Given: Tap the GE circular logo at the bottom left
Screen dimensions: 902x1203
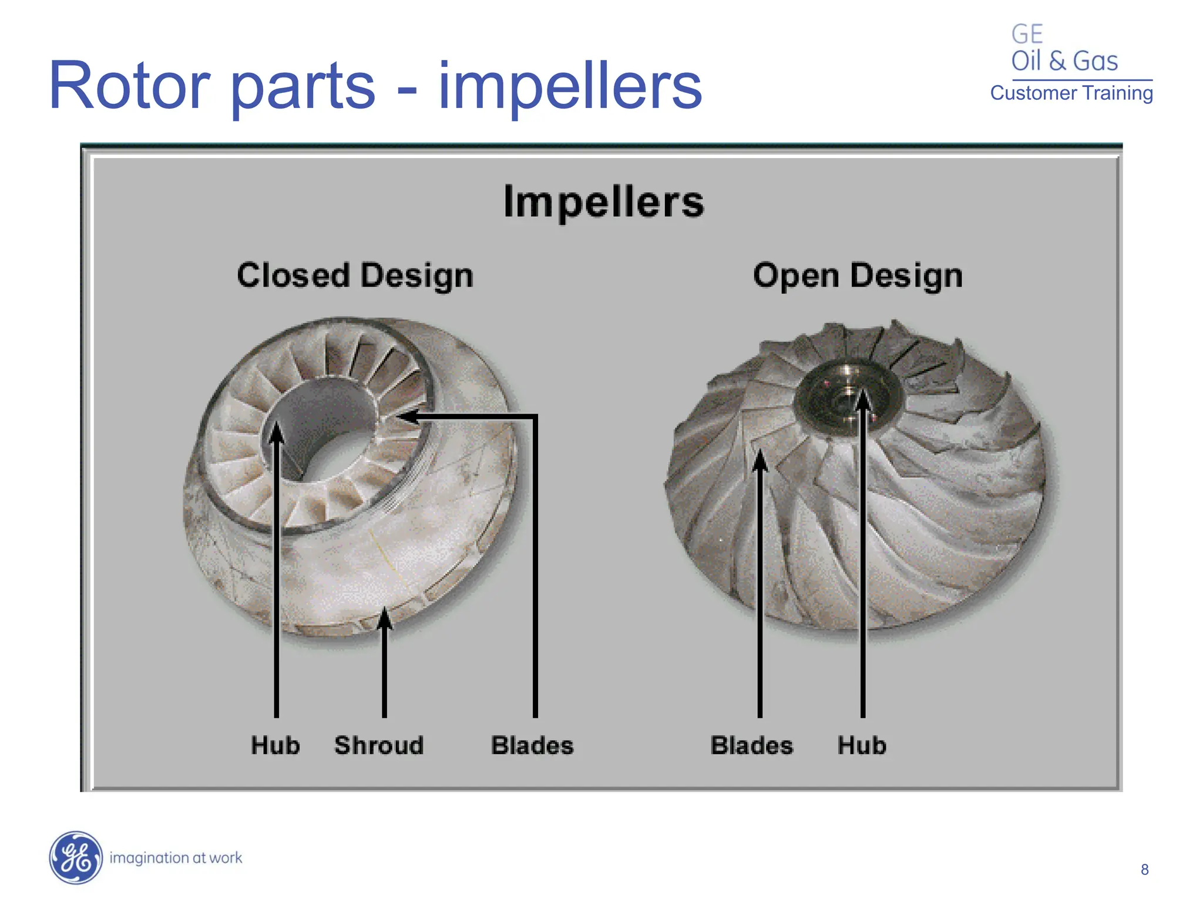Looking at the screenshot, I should [75, 857].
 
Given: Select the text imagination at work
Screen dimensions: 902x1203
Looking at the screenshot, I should [176, 858].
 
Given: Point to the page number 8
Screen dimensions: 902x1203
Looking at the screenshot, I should [1144, 870].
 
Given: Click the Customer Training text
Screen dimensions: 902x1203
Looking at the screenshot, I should [1071, 93].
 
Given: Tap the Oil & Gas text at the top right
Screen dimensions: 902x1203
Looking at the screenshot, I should [1064, 61].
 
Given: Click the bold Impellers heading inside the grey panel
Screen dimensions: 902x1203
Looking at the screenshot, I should [603, 202].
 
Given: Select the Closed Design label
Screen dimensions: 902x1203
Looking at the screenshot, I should [355, 275].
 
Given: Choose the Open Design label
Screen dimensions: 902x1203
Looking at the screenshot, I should [858, 275].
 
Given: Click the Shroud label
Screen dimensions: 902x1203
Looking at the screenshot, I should [379, 745].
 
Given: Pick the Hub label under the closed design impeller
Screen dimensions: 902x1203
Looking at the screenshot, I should [275, 745].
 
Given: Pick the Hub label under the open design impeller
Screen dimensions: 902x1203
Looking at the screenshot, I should [862, 745].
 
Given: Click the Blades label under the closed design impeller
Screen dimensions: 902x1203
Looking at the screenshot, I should [532, 745].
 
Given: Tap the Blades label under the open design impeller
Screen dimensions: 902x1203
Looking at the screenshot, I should [751, 745].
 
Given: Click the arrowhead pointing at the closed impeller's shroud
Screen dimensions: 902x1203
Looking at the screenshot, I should [384, 618].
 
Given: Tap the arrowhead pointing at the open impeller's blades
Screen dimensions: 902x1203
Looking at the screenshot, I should [760, 461].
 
